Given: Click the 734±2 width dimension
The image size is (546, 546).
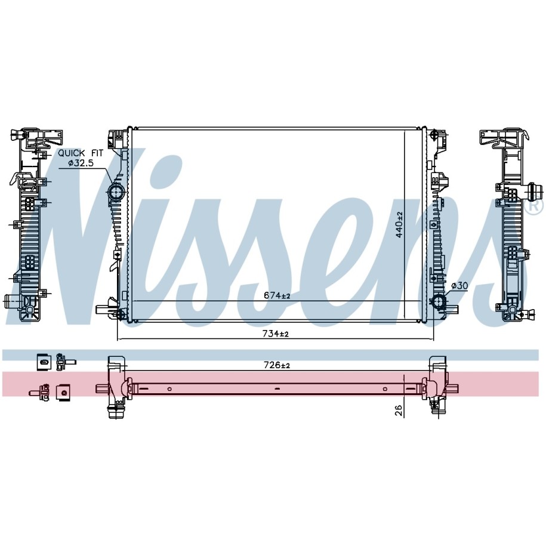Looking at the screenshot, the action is [x=276, y=334].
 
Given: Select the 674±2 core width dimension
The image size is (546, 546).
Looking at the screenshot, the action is [x=277, y=295].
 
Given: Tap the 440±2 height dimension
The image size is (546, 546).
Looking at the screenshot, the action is [x=399, y=224].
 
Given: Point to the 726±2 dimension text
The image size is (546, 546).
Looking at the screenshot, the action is [x=277, y=365].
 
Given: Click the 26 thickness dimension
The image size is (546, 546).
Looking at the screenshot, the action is [x=399, y=411].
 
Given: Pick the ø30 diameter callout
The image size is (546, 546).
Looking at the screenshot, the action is [x=459, y=286].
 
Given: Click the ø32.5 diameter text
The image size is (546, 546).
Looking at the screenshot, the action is [x=81, y=163].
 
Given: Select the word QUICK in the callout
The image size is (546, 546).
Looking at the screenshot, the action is [x=72, y=153].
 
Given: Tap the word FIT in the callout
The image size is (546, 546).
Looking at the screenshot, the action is [x=97, y=153].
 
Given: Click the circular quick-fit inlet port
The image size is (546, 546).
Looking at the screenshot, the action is [x=116, y=192].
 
